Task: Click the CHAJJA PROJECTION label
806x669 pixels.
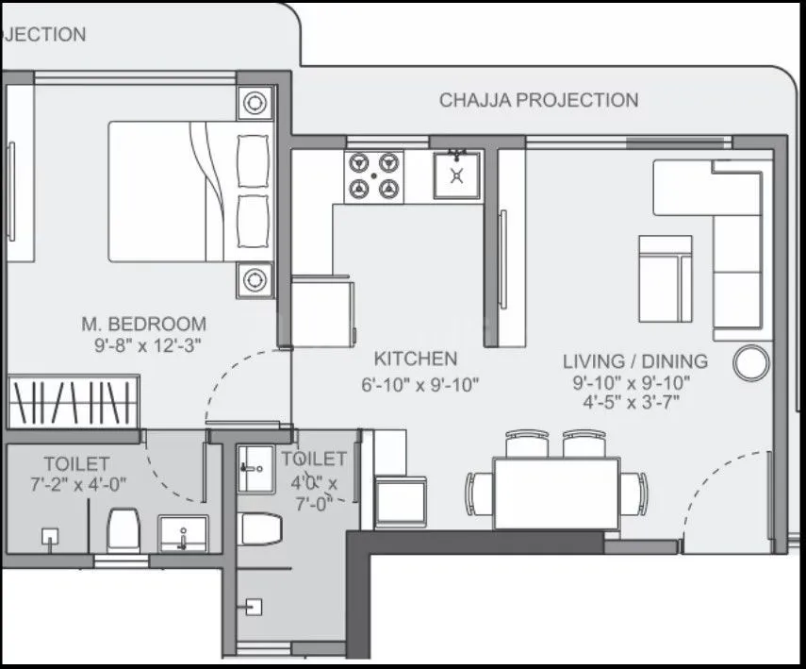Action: pos(538,100)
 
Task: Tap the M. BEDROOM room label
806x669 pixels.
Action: pos(142,324)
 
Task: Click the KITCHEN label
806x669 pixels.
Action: pos(416,359)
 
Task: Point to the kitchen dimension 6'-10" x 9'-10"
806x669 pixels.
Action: pos(420,384)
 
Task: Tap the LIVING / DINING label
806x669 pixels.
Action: pos(634,361)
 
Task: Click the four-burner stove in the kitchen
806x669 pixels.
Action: pos(374,175)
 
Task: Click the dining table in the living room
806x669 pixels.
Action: pos(556,493)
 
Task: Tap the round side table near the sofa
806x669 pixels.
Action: pos(751,362)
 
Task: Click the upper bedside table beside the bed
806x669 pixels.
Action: pos(255,102)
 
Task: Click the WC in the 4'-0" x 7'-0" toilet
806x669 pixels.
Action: pos(261,528)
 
